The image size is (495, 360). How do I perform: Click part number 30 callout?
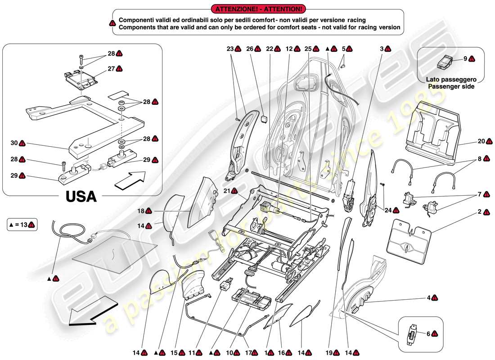[14, 143]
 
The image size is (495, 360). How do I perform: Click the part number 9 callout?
[465, 58]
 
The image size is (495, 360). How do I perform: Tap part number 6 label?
[428, 334]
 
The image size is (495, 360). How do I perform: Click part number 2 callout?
[480, 211]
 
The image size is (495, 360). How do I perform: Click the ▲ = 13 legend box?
[22, 225]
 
